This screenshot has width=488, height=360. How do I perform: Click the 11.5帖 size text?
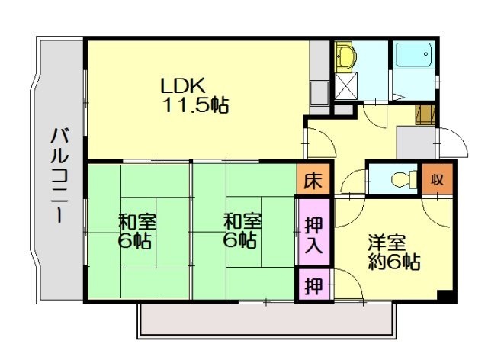[x=194, y=105]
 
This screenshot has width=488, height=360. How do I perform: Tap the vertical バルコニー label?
[x=57, y=175]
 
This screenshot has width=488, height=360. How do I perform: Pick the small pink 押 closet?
[x=313, y=287]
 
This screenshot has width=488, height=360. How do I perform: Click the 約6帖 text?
[x=393, y=264]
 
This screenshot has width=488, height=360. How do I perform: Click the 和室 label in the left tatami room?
[x=137, y=223]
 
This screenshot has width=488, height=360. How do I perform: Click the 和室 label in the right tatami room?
[x=242, y=223]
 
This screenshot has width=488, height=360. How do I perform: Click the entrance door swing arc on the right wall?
[x=451, y=144]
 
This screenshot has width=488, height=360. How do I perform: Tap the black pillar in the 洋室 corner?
[x=445, y=296]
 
